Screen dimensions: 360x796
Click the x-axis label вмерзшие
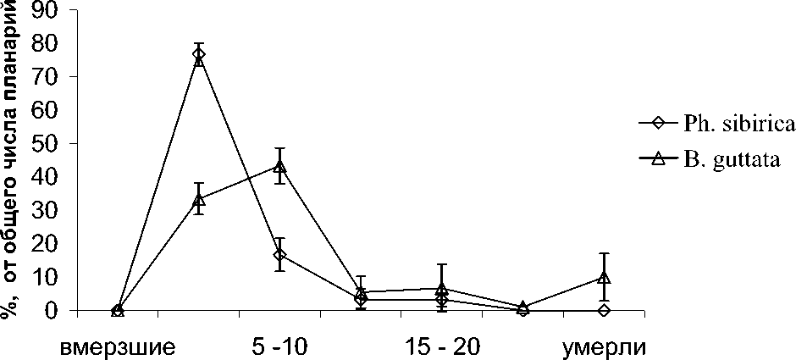point(118,347)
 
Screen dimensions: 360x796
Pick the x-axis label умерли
point(604,347)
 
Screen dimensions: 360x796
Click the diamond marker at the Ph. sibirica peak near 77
point(199,55)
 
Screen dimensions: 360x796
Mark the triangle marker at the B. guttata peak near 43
point(279,165)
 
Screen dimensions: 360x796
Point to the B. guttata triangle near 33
point(199,199)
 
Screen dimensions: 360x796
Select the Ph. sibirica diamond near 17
point(279,254)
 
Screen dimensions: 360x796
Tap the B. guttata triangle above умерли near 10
point(604,277)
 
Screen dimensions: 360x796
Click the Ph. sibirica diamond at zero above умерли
point(604,311)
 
